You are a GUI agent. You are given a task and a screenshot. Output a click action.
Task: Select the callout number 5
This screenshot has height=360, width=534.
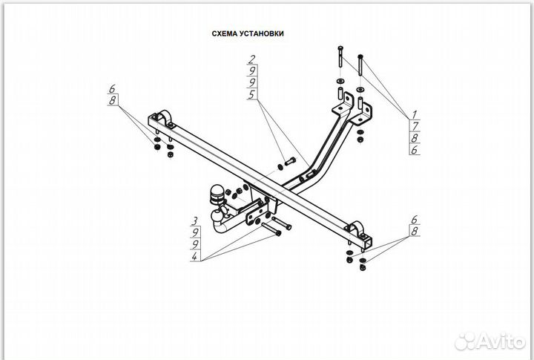pos(252,94)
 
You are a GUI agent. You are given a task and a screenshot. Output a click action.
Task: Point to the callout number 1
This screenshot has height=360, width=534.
pos(415,114)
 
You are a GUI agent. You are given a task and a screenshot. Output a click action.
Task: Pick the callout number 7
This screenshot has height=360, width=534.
pos(415,126)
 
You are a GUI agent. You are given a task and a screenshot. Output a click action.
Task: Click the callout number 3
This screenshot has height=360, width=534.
pos(194,221)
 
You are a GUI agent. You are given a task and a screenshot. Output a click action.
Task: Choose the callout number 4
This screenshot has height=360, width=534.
pos(194,257)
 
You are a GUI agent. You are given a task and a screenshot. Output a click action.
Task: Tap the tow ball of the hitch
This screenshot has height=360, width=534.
pos(217,194)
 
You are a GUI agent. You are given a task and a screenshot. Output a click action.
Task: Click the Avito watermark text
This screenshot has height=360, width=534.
pos(498,341)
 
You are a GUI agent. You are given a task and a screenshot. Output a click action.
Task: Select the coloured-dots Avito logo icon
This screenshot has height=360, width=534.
pos(465,341)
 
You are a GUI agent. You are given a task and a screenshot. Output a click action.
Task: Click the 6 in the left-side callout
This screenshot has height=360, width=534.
pos(113,90)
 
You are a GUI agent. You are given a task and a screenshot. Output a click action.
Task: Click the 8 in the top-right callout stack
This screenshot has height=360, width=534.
pos(415,138)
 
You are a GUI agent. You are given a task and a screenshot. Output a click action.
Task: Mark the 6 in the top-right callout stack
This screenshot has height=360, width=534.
pos(415,150)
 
